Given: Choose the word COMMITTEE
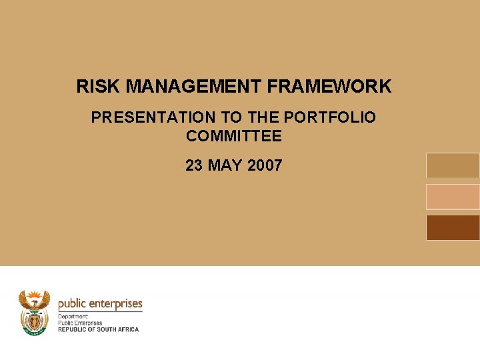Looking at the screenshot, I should coord(234,137).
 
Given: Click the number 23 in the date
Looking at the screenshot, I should coord(194,165).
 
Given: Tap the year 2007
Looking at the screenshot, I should coord(265,165).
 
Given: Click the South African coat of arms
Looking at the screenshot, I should coord(34,312).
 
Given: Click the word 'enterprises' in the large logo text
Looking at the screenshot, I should coord(117,304).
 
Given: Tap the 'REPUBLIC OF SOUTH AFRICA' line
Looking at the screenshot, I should coord(99,329).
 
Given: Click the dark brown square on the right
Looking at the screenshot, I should coord(453,227).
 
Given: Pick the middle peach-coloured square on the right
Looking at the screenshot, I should coord(453,197).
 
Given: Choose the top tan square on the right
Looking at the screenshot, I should coord(453,165).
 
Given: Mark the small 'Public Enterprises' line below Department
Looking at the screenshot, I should coord(80,323).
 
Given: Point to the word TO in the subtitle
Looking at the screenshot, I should coord(231,118).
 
